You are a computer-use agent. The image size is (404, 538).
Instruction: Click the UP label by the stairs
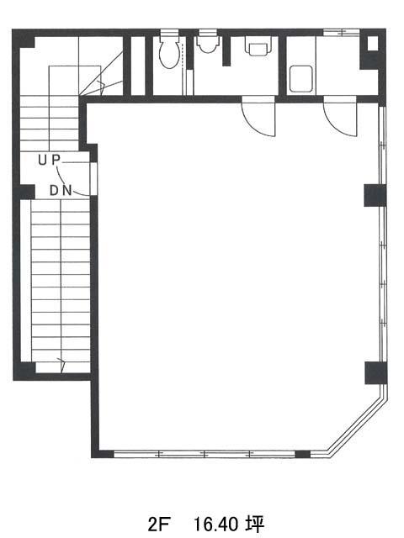(x=49, y=160)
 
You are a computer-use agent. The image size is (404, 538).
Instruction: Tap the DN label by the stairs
(x=61, y=191)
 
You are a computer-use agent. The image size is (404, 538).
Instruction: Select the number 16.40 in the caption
(x=216, y=524)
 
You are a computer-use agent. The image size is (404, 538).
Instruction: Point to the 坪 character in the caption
(x=255, y=524)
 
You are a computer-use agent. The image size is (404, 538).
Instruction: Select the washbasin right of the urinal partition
(x=258, y=48)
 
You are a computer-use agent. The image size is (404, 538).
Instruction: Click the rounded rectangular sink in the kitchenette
(x=300, y=79)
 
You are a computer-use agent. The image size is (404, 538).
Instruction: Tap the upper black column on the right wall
(x=375, y=195)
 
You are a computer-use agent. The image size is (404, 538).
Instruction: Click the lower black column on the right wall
(x=376, y=372)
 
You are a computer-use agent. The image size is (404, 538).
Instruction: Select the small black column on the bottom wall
(x=303, y=454)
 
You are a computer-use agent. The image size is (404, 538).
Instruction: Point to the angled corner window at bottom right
(x=358, y=425)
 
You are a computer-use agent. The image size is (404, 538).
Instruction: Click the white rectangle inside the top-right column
(x=372, y=44)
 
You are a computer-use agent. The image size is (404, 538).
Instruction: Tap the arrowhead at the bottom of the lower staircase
(x=61, y=364)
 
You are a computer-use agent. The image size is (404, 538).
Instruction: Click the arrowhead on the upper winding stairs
(x=101, y=87)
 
